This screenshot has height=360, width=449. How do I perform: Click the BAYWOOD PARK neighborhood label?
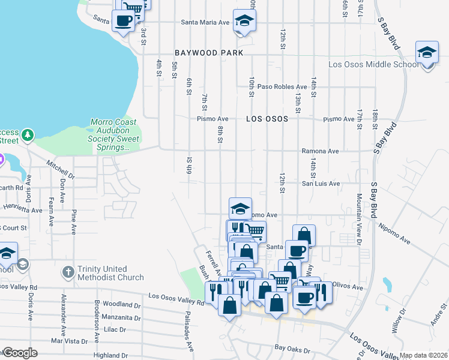(209, 53)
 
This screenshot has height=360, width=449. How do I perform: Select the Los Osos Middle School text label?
(373, 65)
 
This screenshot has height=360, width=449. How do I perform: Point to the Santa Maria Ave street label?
(206, 22)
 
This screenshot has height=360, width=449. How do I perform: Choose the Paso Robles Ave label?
(282, 86)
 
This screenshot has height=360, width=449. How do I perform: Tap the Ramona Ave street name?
(320, 151)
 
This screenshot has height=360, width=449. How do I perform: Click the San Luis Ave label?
(321, 184)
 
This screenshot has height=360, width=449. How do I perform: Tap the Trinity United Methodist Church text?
(110, 273)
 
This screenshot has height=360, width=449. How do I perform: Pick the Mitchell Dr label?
(61, 169)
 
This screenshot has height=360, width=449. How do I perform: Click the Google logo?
(20, 353)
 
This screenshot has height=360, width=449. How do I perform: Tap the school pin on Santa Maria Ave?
(244, 22)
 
